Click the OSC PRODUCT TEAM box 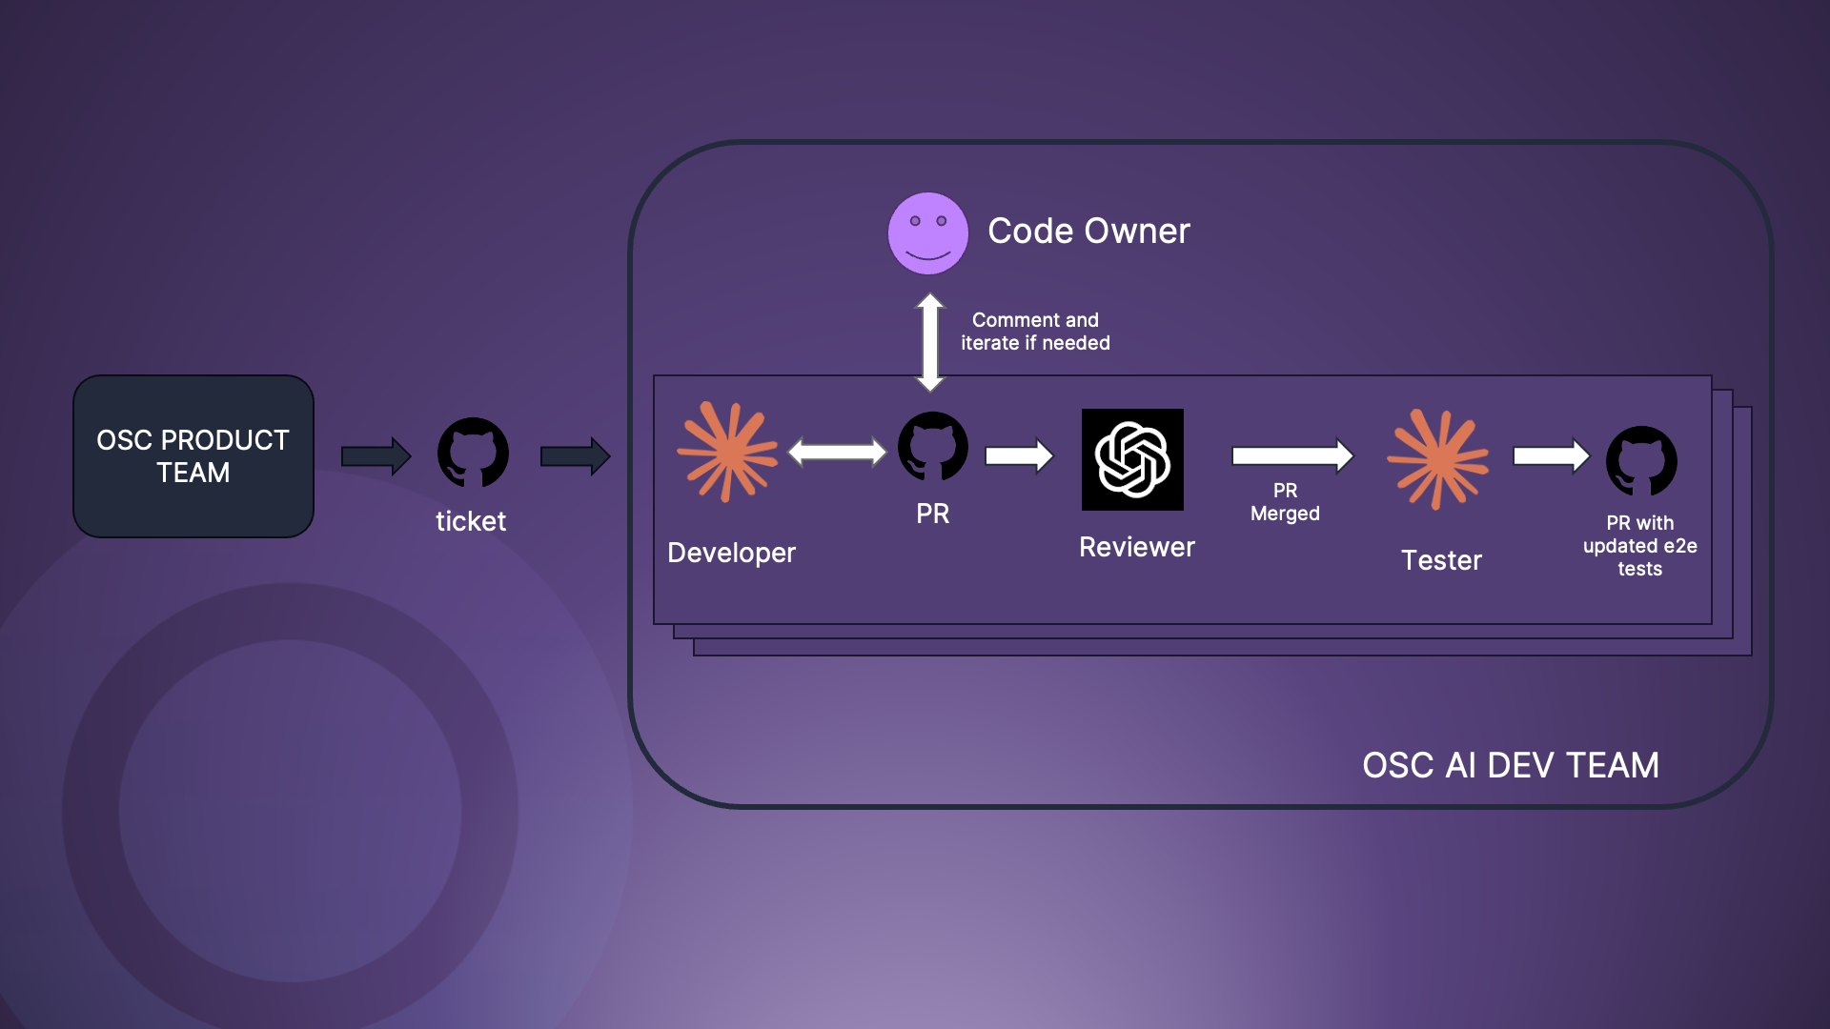coord(193,456)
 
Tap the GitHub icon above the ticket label coord(473,453)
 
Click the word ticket coord(471,521)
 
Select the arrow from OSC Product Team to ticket coord(376,456)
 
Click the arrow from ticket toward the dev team coord(575,456)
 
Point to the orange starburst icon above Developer coord(727,452)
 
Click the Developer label coord(731,553)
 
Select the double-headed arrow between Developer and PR coord(838,452)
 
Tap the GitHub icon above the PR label coord(933,446)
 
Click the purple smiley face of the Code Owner coord(927,233)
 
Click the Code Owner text coord(1088,231)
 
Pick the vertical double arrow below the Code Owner coord(930,342)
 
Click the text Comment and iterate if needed coord(1035,332)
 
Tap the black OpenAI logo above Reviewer coord(1132,459)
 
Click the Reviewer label coord(1136,547)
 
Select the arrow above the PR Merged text coord(1292,455)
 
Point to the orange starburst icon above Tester coord(1437,459)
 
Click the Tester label coord(1441,560)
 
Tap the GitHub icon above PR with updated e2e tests coord(1641,461)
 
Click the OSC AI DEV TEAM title coord(1511,765)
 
